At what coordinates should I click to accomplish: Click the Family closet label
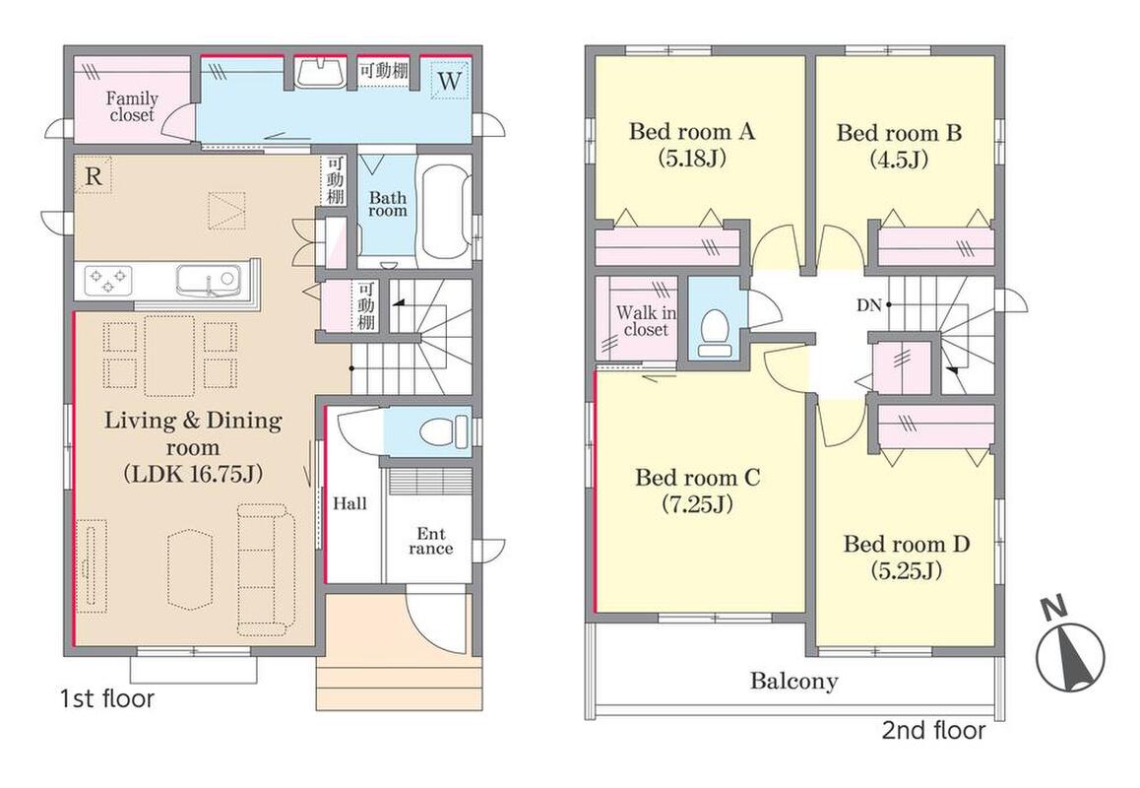pos(132,106)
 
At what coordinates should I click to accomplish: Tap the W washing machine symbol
pos(450,81)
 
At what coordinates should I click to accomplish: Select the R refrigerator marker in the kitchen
pos(94,175)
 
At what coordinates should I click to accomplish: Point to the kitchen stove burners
pos(108,281)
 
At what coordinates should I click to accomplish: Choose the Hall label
pos(349,503)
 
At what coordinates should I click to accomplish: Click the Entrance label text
pos(430,542)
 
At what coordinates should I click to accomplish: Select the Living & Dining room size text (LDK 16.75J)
pos(193,475)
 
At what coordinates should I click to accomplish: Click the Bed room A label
pos(691,132)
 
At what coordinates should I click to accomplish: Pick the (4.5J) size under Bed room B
pos(900,159)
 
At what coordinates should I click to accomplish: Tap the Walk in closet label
pos(646,321)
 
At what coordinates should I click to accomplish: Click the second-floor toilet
pos(716,333)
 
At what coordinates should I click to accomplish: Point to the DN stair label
pos(869,305)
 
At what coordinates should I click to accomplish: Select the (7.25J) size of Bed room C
pos(697,503)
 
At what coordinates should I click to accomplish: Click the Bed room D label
pos(907,545)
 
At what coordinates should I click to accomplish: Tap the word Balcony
pos(793,681)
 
